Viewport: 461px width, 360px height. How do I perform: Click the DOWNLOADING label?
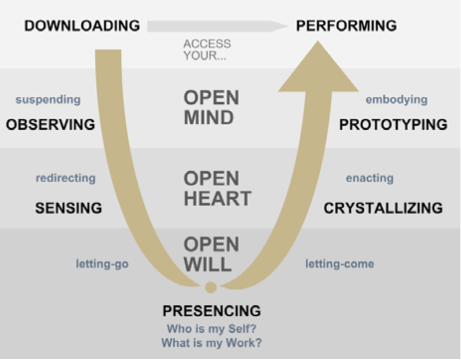(x=82, y=26)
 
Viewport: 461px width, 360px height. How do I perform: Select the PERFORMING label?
(x=346, y=26)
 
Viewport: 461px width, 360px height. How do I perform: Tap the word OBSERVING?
(x=50, y=124)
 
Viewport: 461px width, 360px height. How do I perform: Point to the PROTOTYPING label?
(x=393, y=124)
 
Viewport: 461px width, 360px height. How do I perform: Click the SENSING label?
(x=68, y=208)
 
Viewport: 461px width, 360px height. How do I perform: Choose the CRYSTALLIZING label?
(x=383, y=208)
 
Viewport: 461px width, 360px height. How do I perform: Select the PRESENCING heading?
(x=212, y=311)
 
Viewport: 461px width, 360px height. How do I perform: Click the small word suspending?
(x=48, y=100)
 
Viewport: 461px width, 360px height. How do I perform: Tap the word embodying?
(x=396, y=100)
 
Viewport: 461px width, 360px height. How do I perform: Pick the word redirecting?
(x=66, y=178)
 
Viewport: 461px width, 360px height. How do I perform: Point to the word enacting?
(x=370, y=178)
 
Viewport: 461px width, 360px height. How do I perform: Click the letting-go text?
(x=102, y=264)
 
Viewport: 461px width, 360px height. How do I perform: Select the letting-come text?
(x=339, y=264)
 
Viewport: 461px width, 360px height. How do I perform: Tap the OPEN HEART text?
(x=217, y=189)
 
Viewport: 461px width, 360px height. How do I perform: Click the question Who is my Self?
(x=212, y=328)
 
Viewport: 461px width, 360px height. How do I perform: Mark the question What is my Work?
(x=212, y=343)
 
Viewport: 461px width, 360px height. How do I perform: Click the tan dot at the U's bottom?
(x=210, y=287)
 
